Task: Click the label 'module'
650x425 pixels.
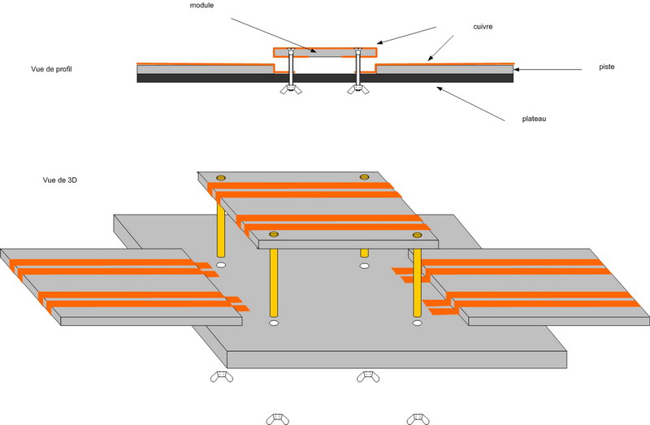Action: click(x=201, y=6)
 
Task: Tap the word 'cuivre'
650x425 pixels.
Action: click(x=483, y=27)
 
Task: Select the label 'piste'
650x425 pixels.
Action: click(x=606, y=67)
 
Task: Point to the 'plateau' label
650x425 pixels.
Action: click(x=534, y=119)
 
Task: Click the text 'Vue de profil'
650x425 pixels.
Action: click(x=51, y=69)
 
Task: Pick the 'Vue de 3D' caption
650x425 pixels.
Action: click(x=59, y=180)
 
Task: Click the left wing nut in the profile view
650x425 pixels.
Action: click(x=291, y=89)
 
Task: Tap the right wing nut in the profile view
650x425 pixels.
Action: click(x=357, y=89)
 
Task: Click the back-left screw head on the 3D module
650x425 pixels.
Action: click(x=221, y=178)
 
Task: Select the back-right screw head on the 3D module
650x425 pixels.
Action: click(x=364, y=177)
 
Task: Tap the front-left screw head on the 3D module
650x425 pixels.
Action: click(x=274, y=234)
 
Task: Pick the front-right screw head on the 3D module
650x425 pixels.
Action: click(x=417, y=235)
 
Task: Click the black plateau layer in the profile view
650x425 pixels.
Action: click(x=325, y=78)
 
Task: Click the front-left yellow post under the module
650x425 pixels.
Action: click(x=274, y=282)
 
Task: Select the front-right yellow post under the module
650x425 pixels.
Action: click(x=417, y=283)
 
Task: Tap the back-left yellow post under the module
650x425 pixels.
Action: click(x=221, y=230)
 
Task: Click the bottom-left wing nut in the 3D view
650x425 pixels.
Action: click(x=277, y=418)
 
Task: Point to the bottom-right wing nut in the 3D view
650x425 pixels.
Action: click(x=418, y=418)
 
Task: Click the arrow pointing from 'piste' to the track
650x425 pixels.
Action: click(x=548, y=70)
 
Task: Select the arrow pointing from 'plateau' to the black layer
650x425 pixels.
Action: click(x=470, y=104)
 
